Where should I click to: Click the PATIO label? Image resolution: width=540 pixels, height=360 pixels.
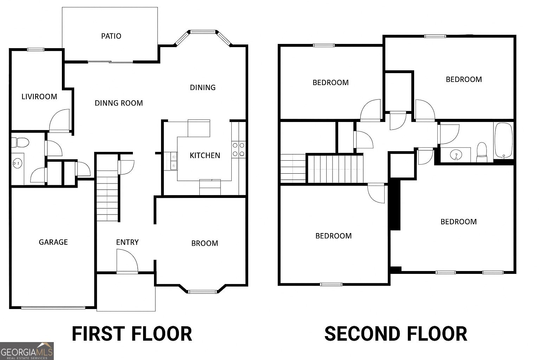[x=111, y=36]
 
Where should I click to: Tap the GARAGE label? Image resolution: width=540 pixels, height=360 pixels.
[x=53, y=242]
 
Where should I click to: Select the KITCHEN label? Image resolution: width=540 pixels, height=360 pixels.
[x=205, y=155]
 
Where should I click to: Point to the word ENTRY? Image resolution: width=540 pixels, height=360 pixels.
[x=127, y=242]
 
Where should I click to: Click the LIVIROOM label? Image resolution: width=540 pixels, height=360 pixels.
[x=39, y=96]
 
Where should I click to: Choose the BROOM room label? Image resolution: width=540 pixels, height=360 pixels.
[x=205, y=243]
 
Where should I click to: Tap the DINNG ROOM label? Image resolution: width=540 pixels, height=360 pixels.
[x=119, y=103]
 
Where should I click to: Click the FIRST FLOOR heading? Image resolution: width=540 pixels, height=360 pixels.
[x=132, y=334]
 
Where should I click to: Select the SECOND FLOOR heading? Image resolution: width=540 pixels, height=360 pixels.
[x=396, y=334]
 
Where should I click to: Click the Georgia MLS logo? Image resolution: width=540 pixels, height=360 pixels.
[x=27, y=351]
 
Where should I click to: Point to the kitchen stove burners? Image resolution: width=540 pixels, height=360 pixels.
[x=238, y=149]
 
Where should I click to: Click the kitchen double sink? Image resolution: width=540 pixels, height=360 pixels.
[x=174, y=161]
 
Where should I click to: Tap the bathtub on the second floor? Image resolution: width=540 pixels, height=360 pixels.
[x=504, y=140]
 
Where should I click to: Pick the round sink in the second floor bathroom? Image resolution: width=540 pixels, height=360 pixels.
[x=456, y=155]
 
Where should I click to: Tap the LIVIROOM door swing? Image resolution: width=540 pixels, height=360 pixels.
[x=60, y=120]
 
